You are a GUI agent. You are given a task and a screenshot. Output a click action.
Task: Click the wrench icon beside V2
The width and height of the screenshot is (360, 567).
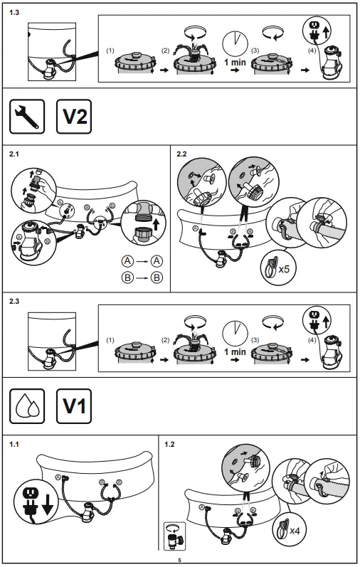click(x=27, y=117)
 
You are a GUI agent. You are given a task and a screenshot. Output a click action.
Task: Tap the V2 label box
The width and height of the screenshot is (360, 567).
click(x=74, y=117)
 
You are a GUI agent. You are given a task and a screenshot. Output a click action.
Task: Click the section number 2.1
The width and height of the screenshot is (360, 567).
click(x=15, y=154)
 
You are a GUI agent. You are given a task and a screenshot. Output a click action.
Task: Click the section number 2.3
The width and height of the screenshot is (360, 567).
click(x=15, y=301)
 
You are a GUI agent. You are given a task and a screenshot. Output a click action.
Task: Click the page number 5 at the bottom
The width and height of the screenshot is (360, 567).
click(x=180, y=561)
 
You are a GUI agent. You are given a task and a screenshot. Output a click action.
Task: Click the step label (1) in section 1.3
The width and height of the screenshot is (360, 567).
click(x=110, y=51)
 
